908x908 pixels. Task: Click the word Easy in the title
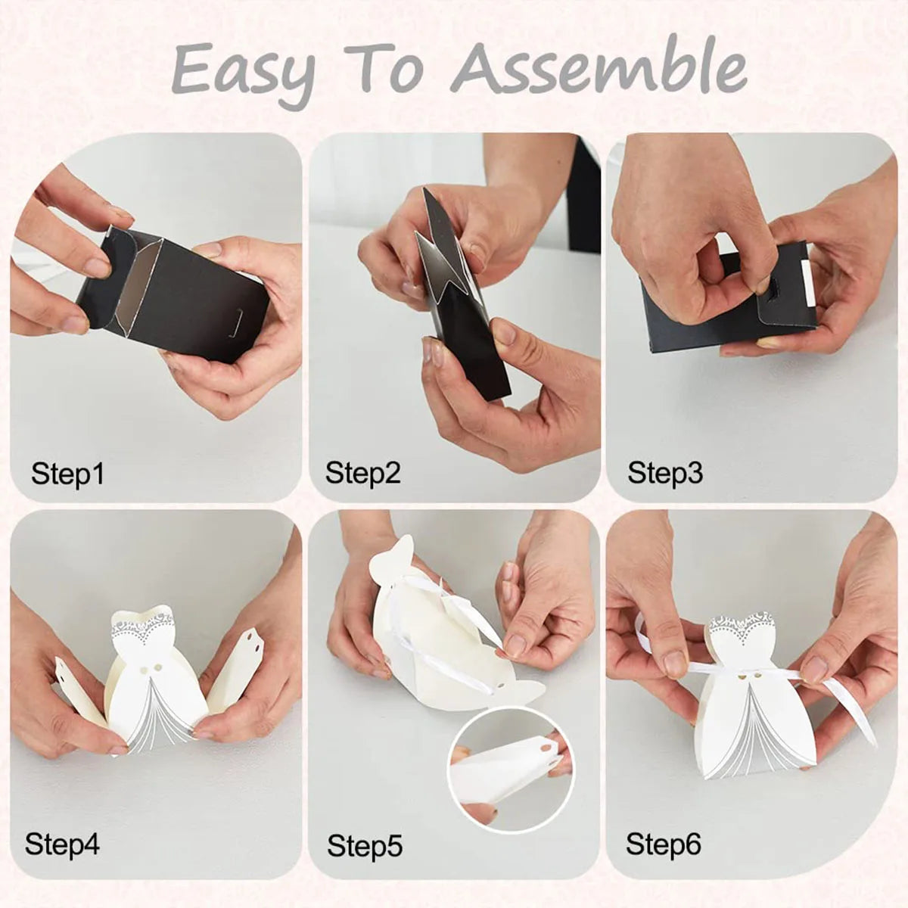[244, 74]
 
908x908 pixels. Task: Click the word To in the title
[381, 68]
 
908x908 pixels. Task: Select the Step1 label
[67, 474]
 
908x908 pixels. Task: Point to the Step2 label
[363, 474]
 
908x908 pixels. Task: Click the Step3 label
[665, 473]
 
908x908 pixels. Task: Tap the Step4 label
[62, 844]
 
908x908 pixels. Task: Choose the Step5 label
[365, 846]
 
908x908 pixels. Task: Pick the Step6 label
[664, 844]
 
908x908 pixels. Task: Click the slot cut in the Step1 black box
[236, 323]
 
